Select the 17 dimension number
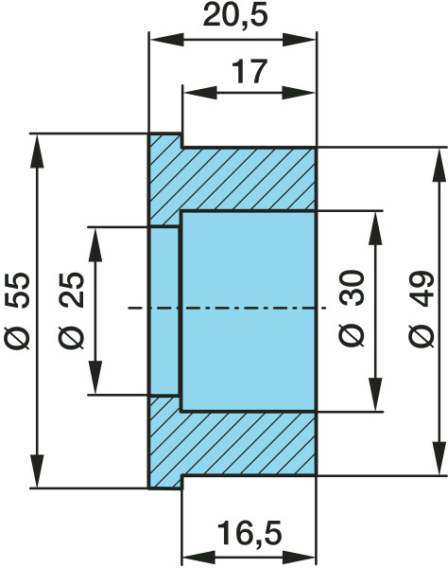point(250,71)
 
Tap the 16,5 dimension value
point(250,533)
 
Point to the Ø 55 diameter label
point(17,311)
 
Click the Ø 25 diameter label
point(71,311)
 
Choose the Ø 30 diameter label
point(352,309)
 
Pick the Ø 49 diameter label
point(422,309)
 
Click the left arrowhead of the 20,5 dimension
point(166,40)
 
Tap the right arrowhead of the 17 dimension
point(299,93)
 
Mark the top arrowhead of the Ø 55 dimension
point(37,151)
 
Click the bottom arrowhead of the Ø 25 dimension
point(95,377)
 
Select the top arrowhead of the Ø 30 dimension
point(376,228)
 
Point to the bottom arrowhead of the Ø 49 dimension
point(439,457)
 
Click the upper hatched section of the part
point(233,179)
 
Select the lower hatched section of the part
point(233,443)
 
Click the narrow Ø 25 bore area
point(164,311)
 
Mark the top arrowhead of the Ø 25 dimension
point(95,244)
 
